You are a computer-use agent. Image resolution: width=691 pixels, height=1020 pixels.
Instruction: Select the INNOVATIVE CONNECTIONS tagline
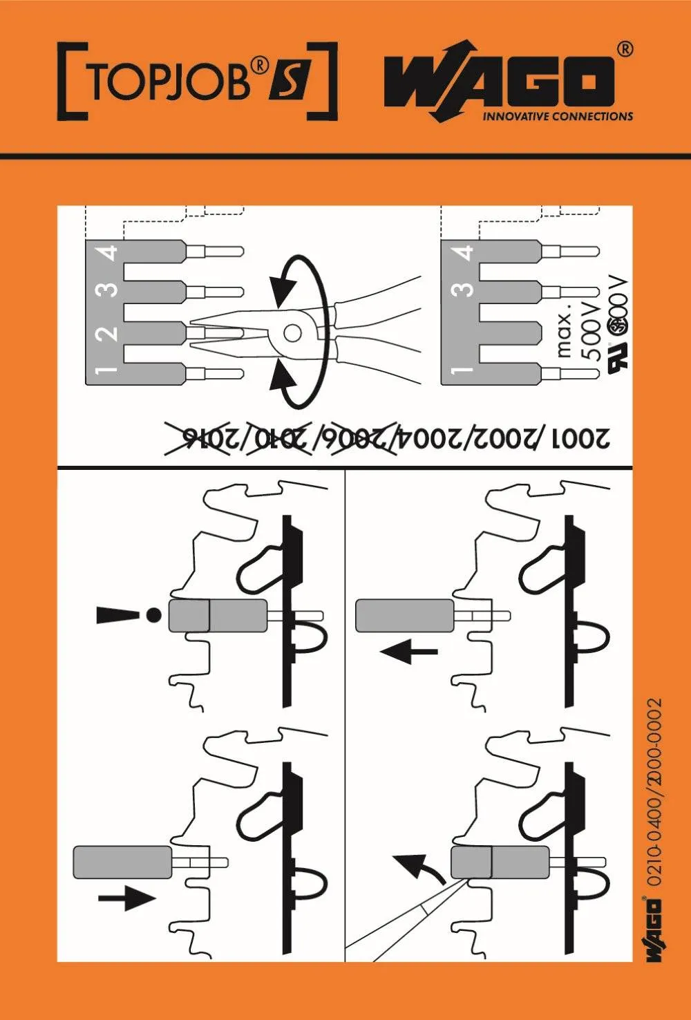[558, 116]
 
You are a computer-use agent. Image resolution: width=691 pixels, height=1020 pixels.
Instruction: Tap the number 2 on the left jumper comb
[108, 333]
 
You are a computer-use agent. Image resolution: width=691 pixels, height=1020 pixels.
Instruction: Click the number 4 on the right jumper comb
[464, 253]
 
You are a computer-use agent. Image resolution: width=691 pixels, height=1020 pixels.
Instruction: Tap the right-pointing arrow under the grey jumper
[126, 898]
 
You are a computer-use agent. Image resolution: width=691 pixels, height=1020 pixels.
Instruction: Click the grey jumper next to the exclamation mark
[218, 615]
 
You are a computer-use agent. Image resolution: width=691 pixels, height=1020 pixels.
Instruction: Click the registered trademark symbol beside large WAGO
[623, 49]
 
